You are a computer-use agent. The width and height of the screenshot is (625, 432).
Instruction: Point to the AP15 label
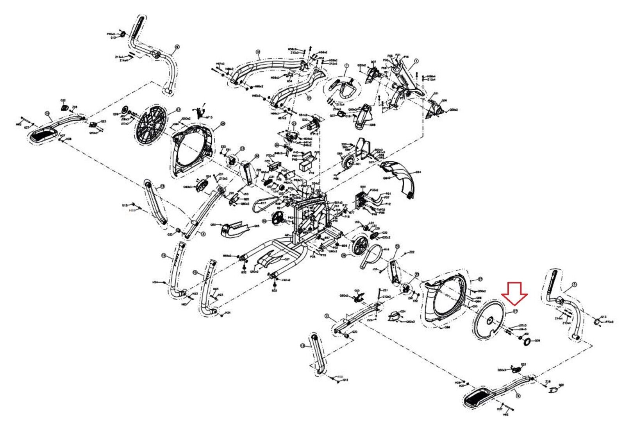[x=209, y=117]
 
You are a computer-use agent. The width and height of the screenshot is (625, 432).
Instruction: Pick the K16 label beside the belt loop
[x=387, y=249]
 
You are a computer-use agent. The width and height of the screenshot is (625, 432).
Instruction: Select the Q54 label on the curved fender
[x=418, y=172]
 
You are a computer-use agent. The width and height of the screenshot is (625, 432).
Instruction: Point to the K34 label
[x=289, y=81]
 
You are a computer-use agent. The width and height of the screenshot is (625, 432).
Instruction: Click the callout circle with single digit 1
[x=416, y=61]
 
